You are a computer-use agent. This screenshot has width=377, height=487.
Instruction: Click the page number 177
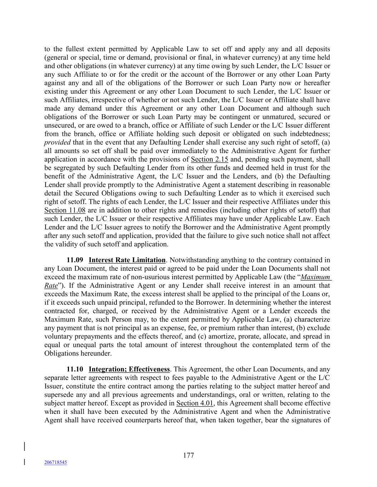pyautogui.click(x=188, y=455)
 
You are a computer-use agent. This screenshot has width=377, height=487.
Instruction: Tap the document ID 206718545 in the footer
pyautogui.click(x=55, y=462)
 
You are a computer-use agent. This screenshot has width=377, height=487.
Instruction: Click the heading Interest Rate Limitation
pyautogui.click(x=127, y=260)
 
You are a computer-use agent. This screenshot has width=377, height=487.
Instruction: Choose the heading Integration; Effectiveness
pyautogui.click(x=129, y=369)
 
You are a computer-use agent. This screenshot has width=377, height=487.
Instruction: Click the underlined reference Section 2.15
pyautogui.click(x=209, y=159)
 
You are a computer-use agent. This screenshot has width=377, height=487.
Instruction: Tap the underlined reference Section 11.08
pyautogui.click(x=65, y=210)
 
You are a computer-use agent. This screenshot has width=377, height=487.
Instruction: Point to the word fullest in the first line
pyautogui.click(x=75, y=49)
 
